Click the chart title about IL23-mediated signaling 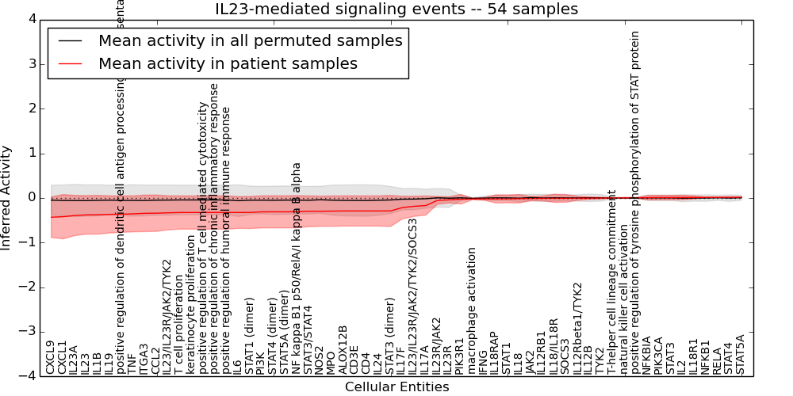point(396,10)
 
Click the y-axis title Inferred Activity point(7,198)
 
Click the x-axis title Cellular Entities point(396,387)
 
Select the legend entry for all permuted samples point(250,40)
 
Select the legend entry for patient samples point(228,63)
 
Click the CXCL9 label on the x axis point(51,357)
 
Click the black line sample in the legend point(70,40)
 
